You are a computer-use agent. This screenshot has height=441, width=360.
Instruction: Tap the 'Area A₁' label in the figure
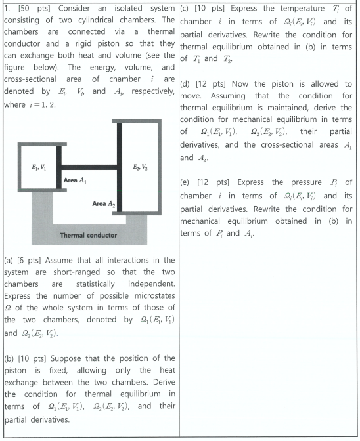[76, 179]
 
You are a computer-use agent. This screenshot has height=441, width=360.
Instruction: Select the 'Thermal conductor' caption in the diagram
[88, 235]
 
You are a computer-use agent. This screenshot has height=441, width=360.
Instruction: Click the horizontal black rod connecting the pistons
[89, 166]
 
